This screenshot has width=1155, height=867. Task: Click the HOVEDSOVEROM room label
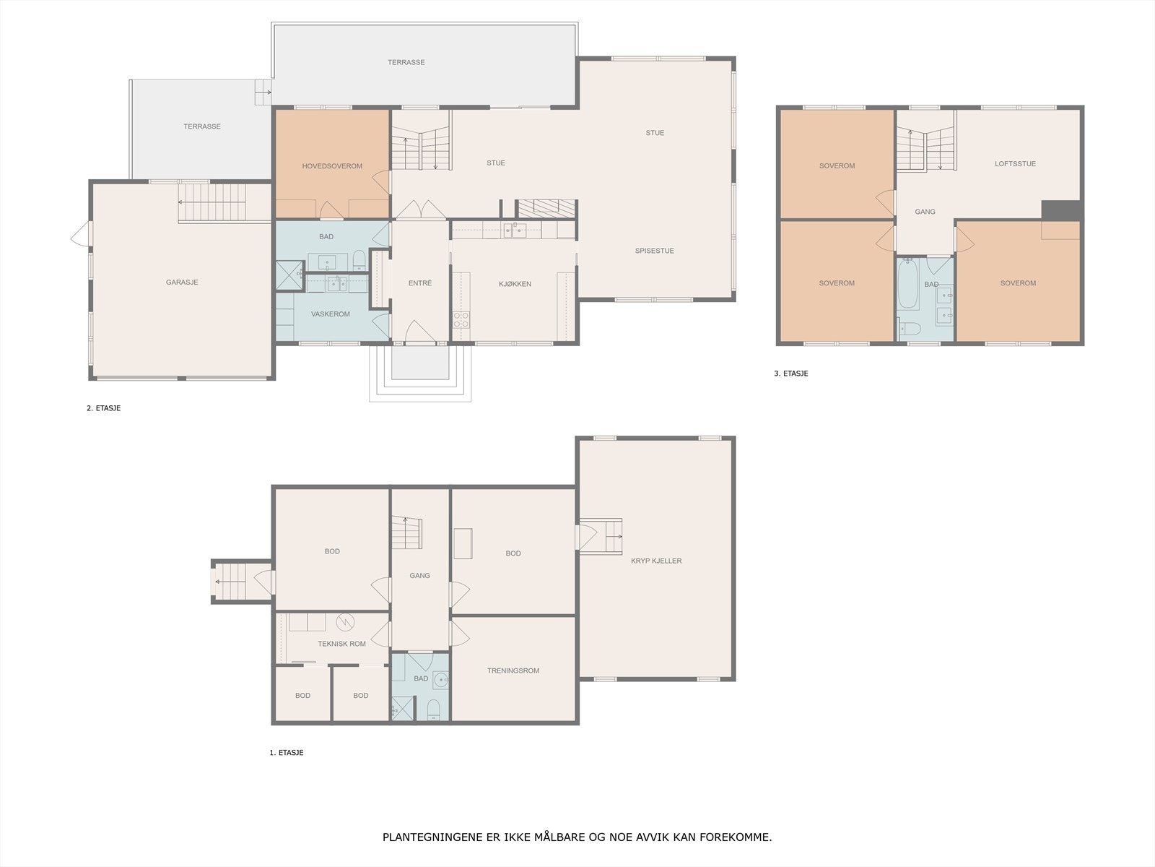click(x=332, y=166)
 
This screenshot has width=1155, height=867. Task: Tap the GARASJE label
click(x=182, y=282)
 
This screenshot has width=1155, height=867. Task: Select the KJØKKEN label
click(x=515, y=284)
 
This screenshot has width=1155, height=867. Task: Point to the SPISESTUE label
click(x=655, y=251)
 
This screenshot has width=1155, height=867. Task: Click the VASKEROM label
click(x=331, y=314)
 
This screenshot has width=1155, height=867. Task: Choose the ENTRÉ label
click(x=420, y=283)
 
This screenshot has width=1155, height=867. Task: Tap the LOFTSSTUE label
click(x=1015, y=164)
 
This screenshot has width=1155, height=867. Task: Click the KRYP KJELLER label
click(x=656, y=561)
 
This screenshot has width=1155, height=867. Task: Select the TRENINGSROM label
click(x=513, y=670)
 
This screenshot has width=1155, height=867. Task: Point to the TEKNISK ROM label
click(x=341, y=644)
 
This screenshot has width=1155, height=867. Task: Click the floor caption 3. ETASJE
click(x=791, y=374)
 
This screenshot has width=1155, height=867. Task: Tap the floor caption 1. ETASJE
click(x=287, y=753)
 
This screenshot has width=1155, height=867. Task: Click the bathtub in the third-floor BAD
click(x=908, y=284)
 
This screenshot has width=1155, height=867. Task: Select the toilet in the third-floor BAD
click(x=910, y=329)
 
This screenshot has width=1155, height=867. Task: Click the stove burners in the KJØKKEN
click(x=461, y=319)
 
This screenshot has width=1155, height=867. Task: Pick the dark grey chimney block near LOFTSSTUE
click(x=1061, y=210)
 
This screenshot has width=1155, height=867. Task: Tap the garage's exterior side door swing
click(x=81, y=233)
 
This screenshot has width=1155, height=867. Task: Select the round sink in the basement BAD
click(x=441, y=680)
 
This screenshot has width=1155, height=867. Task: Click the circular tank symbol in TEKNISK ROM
click(x=345, y=622)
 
